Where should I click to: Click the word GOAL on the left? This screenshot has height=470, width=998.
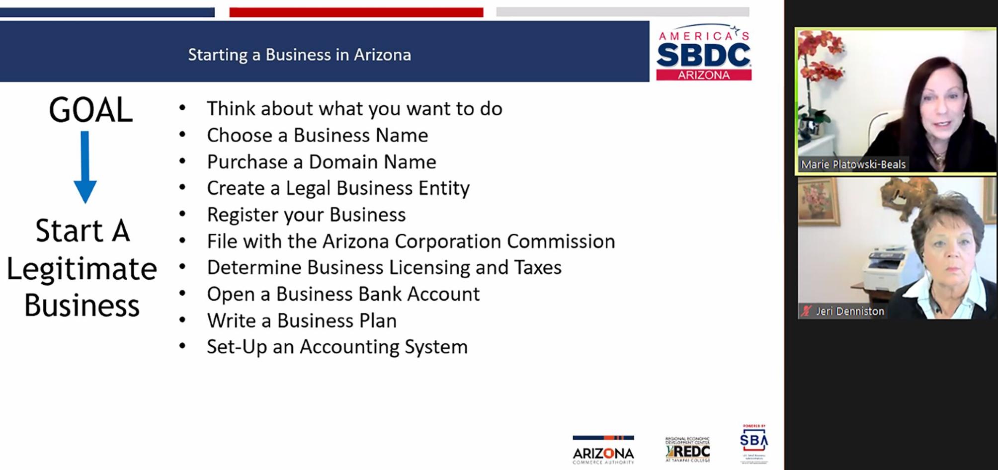coord(90,110)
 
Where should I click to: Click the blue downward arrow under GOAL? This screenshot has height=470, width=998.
coord(85,166)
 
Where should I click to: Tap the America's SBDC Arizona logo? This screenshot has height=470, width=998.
coord(703,53)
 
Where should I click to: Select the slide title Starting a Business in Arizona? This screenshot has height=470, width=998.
coord(299,55)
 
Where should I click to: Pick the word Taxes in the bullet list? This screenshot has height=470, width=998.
coord(538,268)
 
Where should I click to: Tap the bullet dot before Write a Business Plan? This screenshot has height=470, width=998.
coord(182,320)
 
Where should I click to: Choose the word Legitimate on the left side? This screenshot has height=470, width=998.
coord(82,269)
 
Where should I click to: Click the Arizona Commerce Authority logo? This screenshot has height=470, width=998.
coord(603,450)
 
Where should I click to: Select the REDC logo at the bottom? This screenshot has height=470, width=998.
coord(688,450)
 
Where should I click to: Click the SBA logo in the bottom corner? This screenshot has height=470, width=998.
coord(753,443)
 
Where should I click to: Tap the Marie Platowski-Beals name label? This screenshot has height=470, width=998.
coord(853,164)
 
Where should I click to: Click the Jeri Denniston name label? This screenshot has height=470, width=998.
coord(850,312)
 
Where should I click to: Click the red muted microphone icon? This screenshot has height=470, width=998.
coord(806,312)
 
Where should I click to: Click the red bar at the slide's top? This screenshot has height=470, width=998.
coord(356,12)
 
